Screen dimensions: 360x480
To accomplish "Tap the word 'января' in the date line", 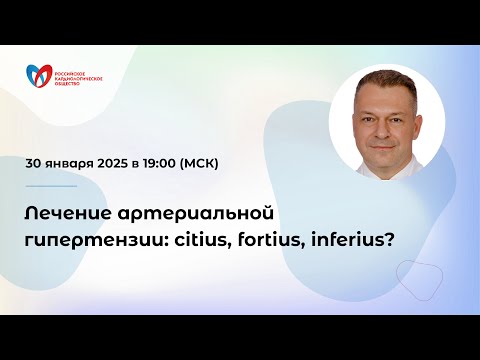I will [78, 162].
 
